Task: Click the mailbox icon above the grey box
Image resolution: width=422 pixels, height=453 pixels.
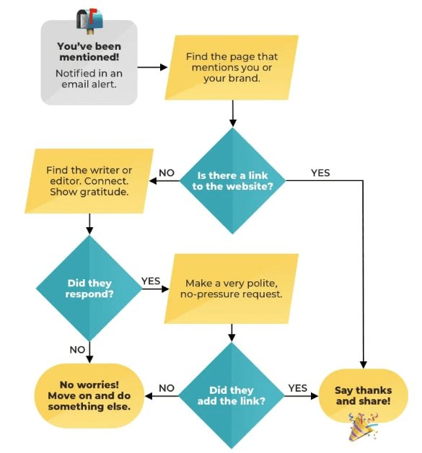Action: pos(90,20)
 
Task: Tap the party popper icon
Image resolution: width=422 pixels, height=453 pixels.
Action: pos(363,427)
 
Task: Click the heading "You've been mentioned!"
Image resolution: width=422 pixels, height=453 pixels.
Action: pos(89,51)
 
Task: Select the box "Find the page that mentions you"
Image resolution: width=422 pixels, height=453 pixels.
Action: pos(232,68)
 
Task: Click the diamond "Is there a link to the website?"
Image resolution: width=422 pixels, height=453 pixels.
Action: pos(232,181)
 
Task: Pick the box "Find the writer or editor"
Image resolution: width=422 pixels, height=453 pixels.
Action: pos(89,181)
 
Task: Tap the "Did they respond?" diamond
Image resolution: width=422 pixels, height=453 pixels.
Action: pos(89,289)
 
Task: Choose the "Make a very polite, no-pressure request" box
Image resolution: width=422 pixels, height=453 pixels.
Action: pos(232,289)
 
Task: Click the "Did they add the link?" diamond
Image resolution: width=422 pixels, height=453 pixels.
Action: pos(232,395)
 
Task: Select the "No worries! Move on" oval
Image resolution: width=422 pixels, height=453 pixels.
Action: pos(89,395)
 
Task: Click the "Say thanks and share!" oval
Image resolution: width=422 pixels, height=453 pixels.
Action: pos(363,395)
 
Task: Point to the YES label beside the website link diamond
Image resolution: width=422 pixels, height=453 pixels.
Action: pos(320,173)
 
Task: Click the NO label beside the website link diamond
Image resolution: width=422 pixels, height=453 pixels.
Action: pos(167,173)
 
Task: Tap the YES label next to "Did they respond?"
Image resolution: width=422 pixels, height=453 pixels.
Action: pos(151,281)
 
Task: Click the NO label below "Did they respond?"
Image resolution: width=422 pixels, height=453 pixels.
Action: pos(77,350)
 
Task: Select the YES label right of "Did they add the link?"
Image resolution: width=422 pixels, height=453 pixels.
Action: pos(298,388)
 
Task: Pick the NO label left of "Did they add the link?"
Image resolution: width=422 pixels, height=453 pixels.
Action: pos(167,388)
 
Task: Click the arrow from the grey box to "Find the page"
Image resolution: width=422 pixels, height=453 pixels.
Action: pos(152,67)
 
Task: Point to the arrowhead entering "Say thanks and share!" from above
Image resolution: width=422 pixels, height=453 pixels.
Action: pos(363,364)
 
